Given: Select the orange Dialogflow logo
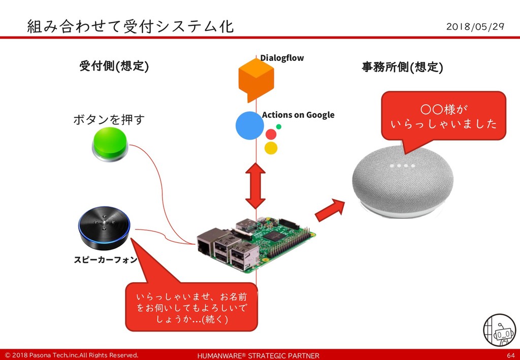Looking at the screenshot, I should coord(256,79).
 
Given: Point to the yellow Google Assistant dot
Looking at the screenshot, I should coord(271,148).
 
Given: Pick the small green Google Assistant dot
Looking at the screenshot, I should coord(279,126).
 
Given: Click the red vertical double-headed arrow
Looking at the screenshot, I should coord(255,186).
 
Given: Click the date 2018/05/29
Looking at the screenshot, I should coord(475,26).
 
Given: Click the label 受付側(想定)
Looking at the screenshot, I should coord(114,66).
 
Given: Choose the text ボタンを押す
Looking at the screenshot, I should coord(109,120).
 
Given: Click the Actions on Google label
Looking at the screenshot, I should coord(298,115).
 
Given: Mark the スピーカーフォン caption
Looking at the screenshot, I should coord(105,260).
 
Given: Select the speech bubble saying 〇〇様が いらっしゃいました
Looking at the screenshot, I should coord(443,116).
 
